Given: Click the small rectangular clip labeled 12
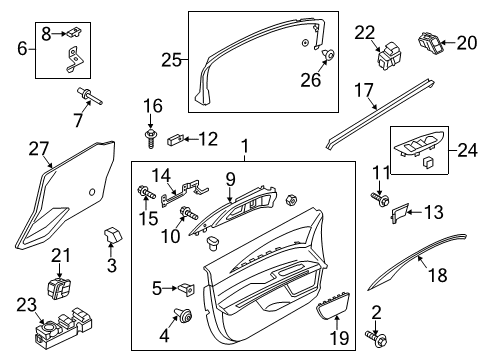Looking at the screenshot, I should pos(176,138).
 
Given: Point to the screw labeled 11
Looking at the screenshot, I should pos(382,199).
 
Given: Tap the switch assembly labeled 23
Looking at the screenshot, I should pos(56,329).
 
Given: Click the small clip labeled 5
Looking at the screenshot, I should pos(185,290).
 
